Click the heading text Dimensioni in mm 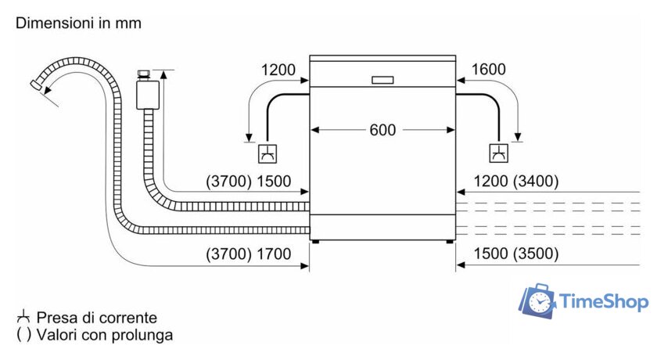(x=79, y=23)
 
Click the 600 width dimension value (x=382, y=130)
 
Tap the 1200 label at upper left (x=278, y=70)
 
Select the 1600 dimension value (x=489, y=70)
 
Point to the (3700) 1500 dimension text (x=248, y=182)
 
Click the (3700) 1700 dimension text (x=248, y=254)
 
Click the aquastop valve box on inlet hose (x=147, y=95)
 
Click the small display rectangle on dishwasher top (x=383, y=80)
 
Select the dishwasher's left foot (x=314, y=242)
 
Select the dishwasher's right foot (x=451, y=242)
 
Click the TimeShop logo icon (x=539, y=302)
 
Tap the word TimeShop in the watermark (x=603, y=302)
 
